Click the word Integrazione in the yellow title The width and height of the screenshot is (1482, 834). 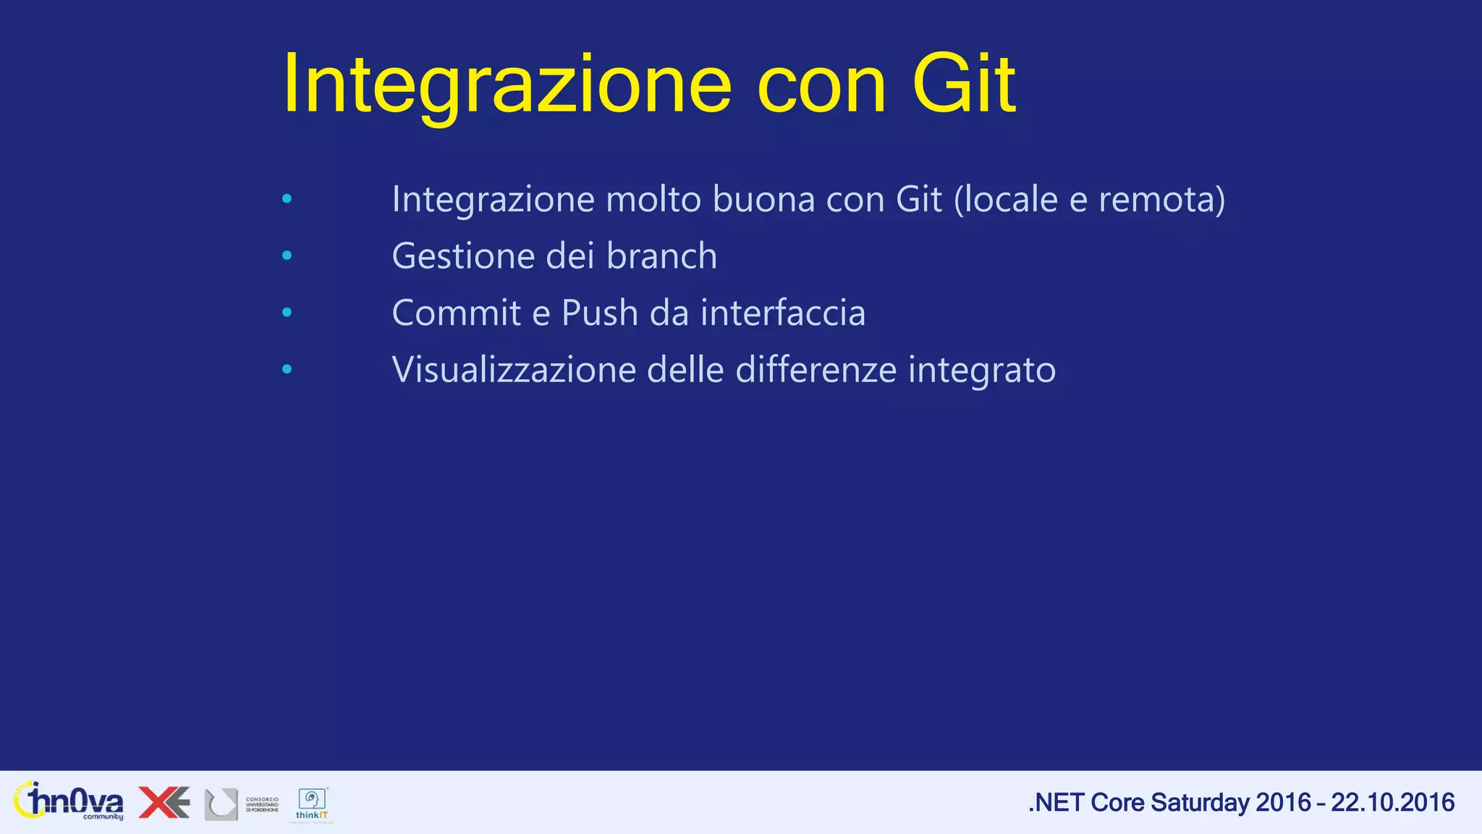(x=507, y=85)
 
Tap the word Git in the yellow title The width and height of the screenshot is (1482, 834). (x=964, y=85)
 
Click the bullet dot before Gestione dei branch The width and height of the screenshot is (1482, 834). (x=287, y=256)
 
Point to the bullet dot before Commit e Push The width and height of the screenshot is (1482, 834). (x=287, y=313)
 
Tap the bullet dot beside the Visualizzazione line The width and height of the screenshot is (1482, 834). (x=287, y=369)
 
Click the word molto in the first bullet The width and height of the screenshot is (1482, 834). (x=653, y=199)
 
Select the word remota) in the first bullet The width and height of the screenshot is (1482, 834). (x=1162, y=199)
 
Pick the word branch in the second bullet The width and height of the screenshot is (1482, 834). (x=661, y=256)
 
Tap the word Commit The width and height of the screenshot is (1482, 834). (x=456, y=313)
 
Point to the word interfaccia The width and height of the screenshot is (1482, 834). (x=782, y=313)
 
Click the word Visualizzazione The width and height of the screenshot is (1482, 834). (x=514, y=369)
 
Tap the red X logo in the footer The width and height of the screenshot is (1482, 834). (x=164, y=802)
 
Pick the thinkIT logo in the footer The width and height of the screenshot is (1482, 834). (x=313, y=804)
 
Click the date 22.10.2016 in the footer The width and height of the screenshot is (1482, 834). (x=1392, y=802)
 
